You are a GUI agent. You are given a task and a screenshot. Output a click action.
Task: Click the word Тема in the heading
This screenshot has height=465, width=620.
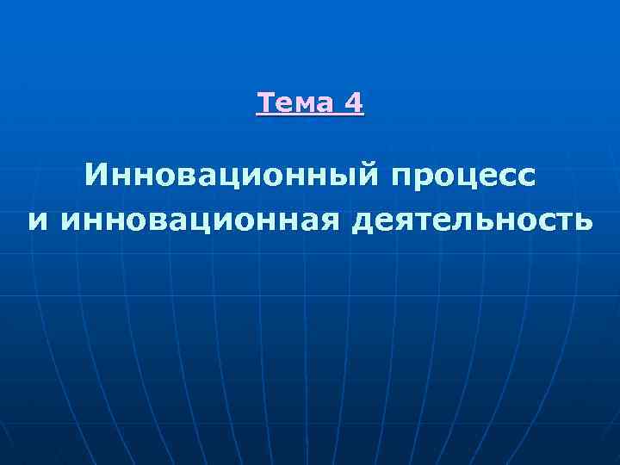[x=295, y=103]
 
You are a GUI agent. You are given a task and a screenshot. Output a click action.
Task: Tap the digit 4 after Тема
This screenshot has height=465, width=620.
[x=354, y=103]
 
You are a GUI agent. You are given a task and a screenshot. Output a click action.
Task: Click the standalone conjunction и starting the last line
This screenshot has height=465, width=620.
[x=37, y=222]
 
